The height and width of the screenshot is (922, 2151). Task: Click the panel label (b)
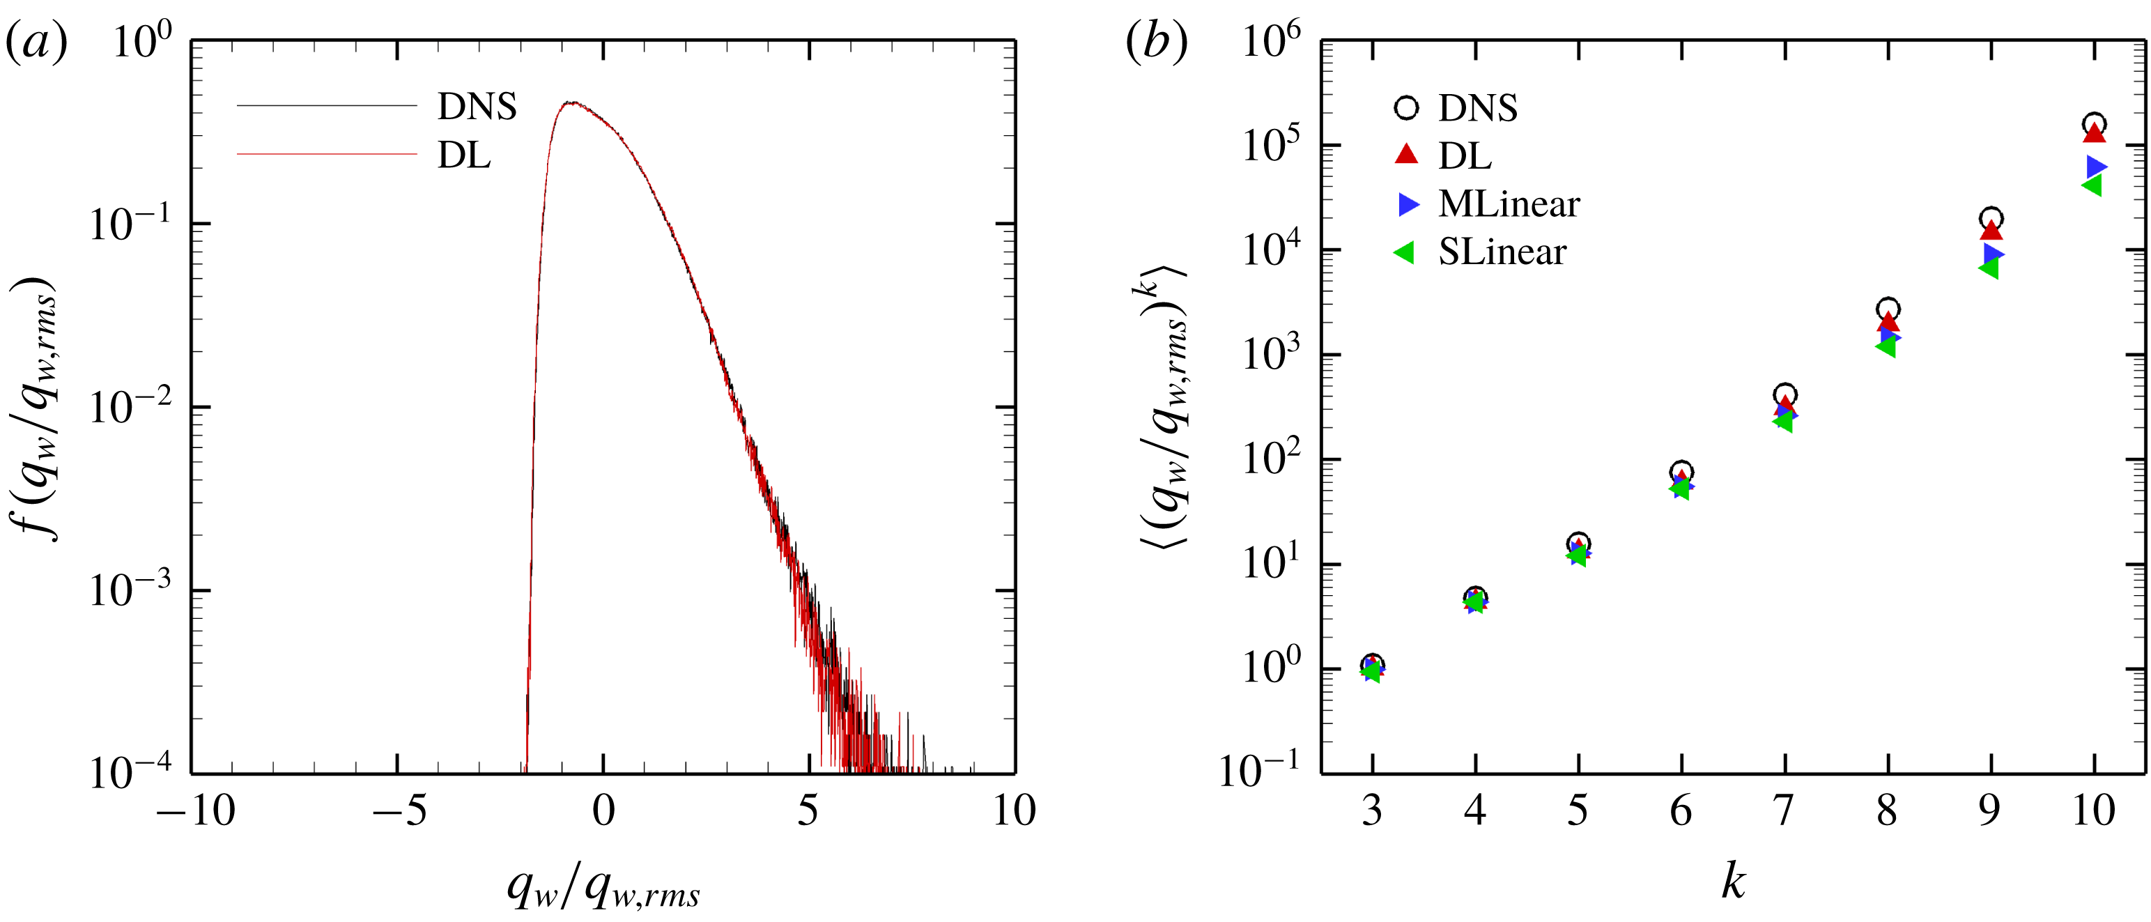pyautogui.click(x=1157, y=42)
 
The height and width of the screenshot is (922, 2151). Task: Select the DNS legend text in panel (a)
pyautogui.click(x=477, y=107)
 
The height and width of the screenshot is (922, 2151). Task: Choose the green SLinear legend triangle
pyautogui.click(x=1405, y=252)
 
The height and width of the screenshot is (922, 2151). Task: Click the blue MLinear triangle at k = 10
pyautogui.click(x=2096, y=167)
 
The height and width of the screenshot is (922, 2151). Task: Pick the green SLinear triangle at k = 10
pyautogui.click(x=2092, y=185)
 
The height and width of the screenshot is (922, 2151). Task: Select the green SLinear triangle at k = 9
pyautogui.click(x=1989, y=268)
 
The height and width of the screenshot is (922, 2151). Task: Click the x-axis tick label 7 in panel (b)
pyautogui.click(x=1784, y=810)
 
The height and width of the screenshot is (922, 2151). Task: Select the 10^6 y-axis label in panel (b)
pyautogui.click(x=1271, y=40)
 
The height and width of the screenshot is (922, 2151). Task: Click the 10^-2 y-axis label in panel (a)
pyautogui.click(x=130, y=407)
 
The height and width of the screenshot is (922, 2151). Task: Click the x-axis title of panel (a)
pyautogui.click(x=603, y=889)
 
